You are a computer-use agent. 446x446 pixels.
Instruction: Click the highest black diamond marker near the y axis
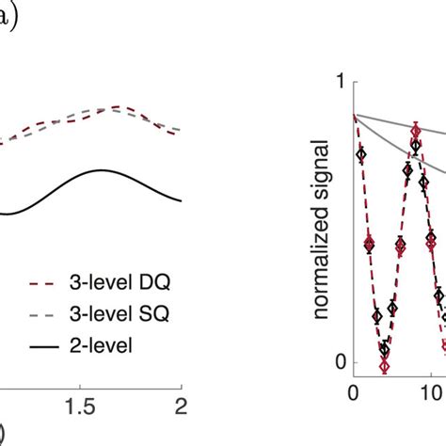coord(361,152)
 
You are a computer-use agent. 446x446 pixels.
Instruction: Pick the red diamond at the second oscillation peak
coord(416,133)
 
